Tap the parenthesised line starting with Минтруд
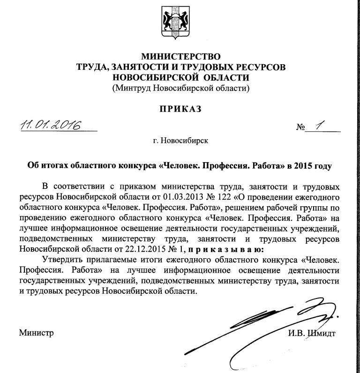180,88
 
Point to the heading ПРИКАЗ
180,109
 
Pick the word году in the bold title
322,165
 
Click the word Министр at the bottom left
37,334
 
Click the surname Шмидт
322,334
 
